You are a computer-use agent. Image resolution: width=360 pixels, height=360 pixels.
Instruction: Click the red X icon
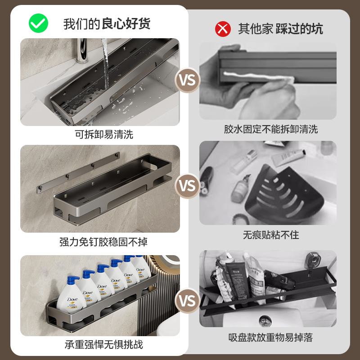pyautogui.click(x=222, y=29)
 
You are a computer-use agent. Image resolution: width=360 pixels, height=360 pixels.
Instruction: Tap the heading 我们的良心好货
pyautogui.click(x=107, y=23)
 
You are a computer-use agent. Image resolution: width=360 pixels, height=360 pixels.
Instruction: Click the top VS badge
pyautogui.click(x=188, y=80)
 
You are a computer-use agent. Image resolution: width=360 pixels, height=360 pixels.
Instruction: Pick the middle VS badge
pyautogui.click(x=188, y=185)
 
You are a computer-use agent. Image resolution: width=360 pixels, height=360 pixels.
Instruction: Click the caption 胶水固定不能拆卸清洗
pyautogui.click(x=271, y=130)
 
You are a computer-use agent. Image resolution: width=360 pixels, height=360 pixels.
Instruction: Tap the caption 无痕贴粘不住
pyautogui.click(x=271, y=235)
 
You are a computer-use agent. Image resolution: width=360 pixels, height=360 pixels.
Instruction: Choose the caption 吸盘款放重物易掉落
pyautogui.click(x=271, y=338)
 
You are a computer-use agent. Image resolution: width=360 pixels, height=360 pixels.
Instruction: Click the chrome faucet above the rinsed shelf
pyautogui.click(x=81, y=49)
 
